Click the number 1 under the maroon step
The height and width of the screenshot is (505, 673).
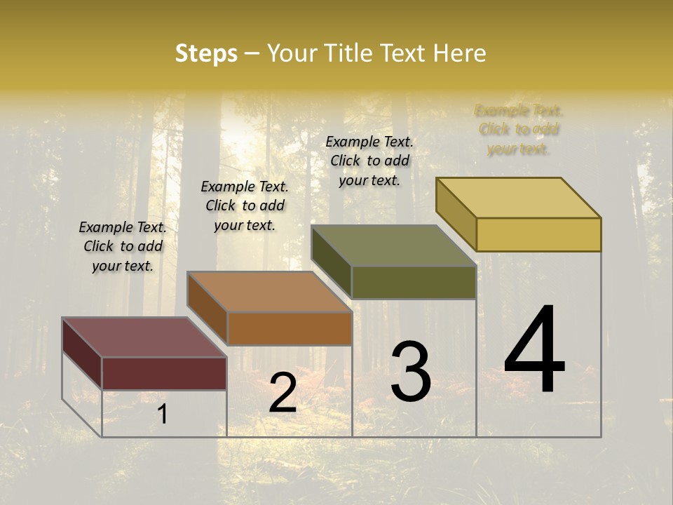[163, 415]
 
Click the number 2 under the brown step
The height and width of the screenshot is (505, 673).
[283, 393]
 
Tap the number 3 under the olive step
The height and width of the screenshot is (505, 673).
[411, 372]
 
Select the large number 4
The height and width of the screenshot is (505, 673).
[535, 350]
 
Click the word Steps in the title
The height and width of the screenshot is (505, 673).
[206, 53]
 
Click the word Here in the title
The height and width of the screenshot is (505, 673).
[460, 53]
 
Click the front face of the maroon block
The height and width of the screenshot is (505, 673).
[164, 373]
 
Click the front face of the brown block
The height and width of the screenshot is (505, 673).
[289, 328]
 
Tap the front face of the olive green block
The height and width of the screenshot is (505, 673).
[414, 282]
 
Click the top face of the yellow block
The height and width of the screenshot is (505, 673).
[518, 197]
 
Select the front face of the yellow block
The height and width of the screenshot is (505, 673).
[538, 234]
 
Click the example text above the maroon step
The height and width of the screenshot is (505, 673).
[123, 247]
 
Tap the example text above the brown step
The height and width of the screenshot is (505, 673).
[245, 206]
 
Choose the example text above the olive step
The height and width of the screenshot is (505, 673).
[369, 161]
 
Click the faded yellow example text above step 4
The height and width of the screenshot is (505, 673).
[519, 130]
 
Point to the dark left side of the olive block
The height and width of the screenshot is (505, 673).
[331, 262]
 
